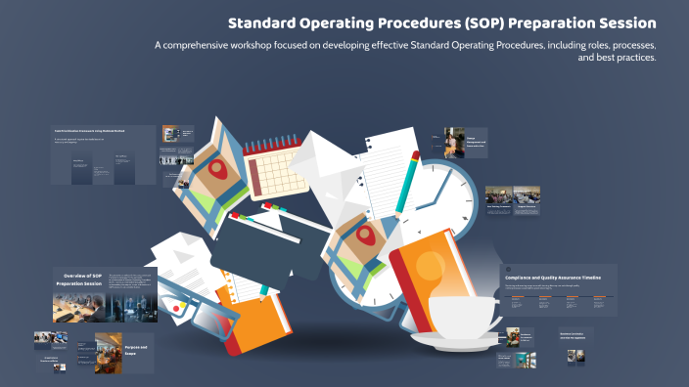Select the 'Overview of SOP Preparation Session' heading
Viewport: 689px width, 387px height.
(78, 281)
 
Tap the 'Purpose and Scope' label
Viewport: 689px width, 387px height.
(136, 349)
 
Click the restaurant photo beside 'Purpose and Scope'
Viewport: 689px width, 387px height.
(109, 351)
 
